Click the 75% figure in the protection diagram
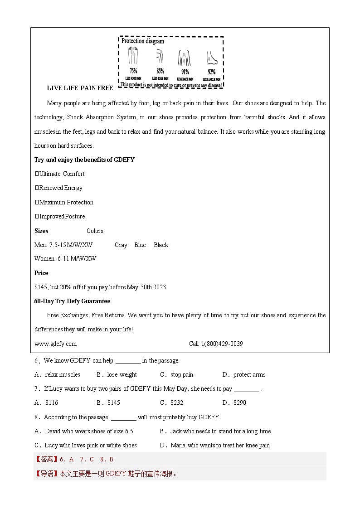(x=133, y=71)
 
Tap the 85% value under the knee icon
(x=160, y=71)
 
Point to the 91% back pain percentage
(x=185, y=72)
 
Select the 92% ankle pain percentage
(x=211, y=72)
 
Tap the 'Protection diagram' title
(x=143, y=41)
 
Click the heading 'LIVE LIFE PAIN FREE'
(x=80, y=88)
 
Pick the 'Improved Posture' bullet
(x=62, y=216)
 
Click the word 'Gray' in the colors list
(x=121, y=245)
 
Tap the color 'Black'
(x=161, y=245)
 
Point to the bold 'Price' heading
(x=41, y=273)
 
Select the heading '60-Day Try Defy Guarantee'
(x=72, y=301)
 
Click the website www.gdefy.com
(x=55, y=344)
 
